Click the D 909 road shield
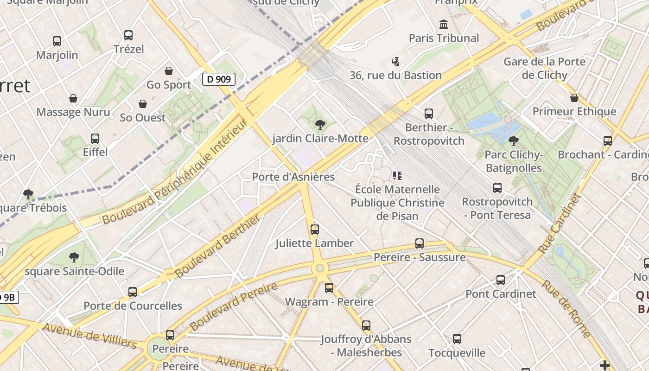pyautogui.click(x=219, y=79)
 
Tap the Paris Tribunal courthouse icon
pyautogui.click(x=444, y=24)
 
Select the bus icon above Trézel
pyautogui.click(x=128, y=35)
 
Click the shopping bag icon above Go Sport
pyautogui.click(x=169, y=71)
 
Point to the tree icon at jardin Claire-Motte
pyautogui.click(x=319, y=124)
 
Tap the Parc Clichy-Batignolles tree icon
pyautogui.click(x=513, y=141)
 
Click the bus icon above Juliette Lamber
pyautogui.click(x=314, y=230)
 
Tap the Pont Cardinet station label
pyautogui.click(x=501, y=294)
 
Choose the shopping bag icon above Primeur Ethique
pyautogui.click(x=574, y=98)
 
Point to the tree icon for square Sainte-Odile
pyautogui.click(x=74, y=257)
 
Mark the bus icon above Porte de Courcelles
pyautogui.click(x=133, y=292)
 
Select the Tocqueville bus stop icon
pyautogui.click(x=457, y=339)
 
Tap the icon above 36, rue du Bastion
pyautogui.click(x=395, y=61)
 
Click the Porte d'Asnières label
pyautogui.click(x=293, y=177)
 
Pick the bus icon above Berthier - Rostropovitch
pyautogui.click(x=429, y=114)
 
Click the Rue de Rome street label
pyautogui.click(x=566, y=308)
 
